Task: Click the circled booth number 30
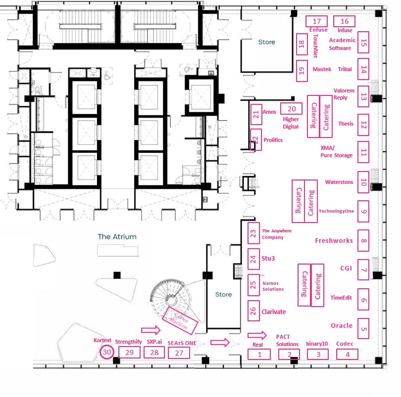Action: click(x=106, y=353)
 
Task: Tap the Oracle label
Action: click(x=342, y=326)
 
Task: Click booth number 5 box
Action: click(x=364, y=329)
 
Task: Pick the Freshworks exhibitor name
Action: click(x=334, y=241)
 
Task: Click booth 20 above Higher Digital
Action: click(x=292, y=109)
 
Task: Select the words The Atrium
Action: click(x=117, y=237)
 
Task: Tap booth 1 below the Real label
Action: click(x=259, y=354)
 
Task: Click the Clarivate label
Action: click(x=274, y=312)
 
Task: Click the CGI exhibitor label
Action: click(x=346, y=268)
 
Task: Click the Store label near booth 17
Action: click(x=266, y=42)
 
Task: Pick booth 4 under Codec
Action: click(x=348, y=354)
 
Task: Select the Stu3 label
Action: click(x=269, y=258)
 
